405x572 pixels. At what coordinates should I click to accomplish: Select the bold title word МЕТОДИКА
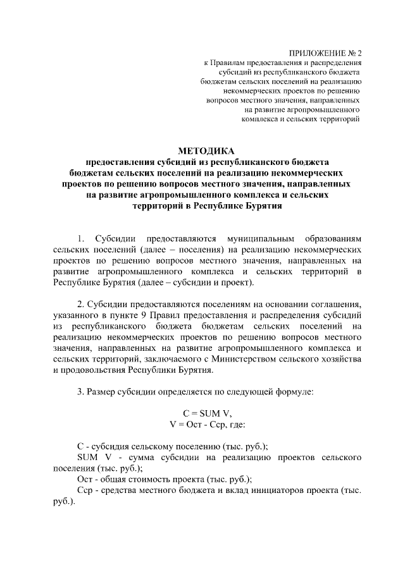point(206,151)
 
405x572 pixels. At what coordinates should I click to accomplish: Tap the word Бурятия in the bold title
point(261,206)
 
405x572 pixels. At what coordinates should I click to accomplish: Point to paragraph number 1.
point(80,239)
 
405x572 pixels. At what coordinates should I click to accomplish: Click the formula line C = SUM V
point(206,413)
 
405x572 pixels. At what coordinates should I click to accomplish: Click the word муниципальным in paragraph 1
point(249,239)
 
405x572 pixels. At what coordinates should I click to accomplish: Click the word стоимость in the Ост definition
point(147,479)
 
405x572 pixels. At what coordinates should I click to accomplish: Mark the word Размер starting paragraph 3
point(102,391)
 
